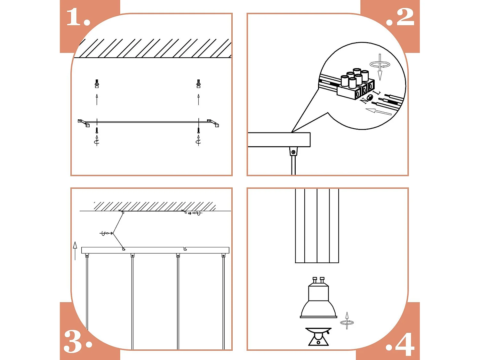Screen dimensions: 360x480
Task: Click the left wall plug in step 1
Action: pyautogui.click(x=97, y=84)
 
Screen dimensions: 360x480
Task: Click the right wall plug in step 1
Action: pyautogui.click(x=198, y=84)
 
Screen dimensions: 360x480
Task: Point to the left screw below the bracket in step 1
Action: pyautogui.click(x=97, y=130)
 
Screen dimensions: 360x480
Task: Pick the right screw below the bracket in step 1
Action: pyautogui.click(x=198, y=130)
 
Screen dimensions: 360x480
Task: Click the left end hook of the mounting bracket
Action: pyautogui.click(x=84, y=123)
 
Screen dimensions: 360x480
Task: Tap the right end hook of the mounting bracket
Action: pyautogui.click(x=213, y=123)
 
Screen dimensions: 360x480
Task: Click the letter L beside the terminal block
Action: pyautogui.click(x=378, y=93)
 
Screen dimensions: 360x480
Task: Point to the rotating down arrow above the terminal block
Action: pyautogui.click(x=380, y=67)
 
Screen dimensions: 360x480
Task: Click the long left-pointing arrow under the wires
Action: pyautogui.click(x=378, y=111)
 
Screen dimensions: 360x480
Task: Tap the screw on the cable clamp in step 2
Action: pyautogui.click(x=293, y=152)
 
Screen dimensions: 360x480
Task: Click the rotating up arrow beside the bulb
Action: pyautogui.click(x=347, y=321)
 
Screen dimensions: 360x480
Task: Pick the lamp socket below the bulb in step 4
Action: pyautogui.click(x=318, y=337)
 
